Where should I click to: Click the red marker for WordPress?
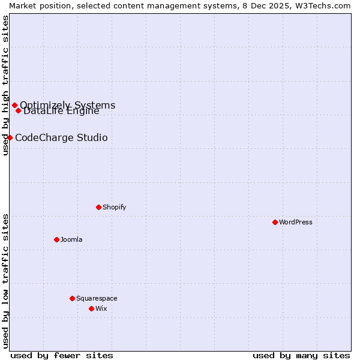275,222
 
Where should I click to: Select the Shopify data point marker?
98,207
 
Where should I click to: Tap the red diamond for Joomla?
56,239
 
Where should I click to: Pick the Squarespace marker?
72,298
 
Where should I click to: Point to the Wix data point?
91,308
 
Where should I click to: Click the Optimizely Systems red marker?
14,106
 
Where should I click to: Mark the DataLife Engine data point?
18,110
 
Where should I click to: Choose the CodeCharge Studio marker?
10,137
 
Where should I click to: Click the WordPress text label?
296,222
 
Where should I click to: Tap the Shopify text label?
114,207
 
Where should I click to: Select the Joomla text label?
71,239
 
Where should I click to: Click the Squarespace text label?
97,298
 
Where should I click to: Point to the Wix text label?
101,308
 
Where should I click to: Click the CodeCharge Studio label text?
61,138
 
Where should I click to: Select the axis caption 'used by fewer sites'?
62,355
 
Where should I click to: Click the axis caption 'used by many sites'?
301,355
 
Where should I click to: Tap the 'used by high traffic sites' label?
5,85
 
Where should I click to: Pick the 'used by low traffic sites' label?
5,280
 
